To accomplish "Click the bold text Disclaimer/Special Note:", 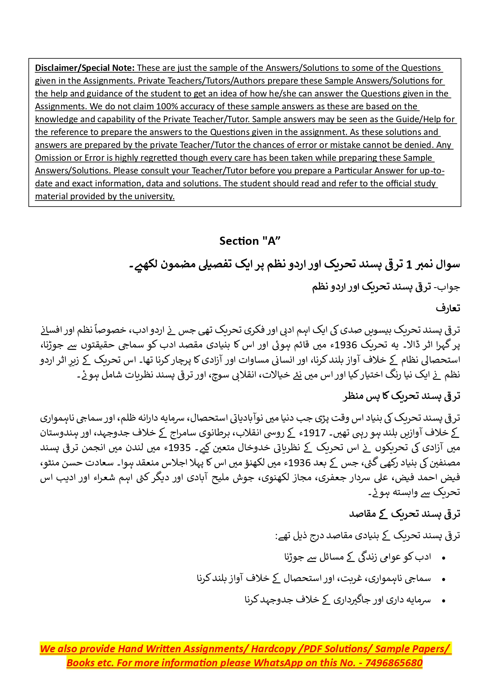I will point(85,68).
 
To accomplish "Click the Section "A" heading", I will point(250,241).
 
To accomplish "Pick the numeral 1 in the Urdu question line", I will point(409,265).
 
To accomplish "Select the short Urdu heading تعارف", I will point(448,308).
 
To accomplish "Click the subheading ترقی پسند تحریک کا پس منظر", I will point(401,396).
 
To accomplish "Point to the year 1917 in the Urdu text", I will point(314,433).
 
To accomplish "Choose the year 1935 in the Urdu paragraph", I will point(179,448).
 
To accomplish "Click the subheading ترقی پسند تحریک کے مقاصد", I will point(404,514).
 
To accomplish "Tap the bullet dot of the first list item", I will point(444,558).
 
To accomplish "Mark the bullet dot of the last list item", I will point(444,601).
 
